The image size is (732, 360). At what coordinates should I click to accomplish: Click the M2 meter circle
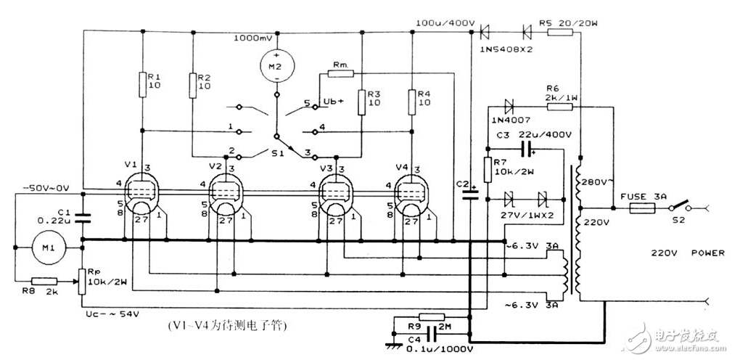[x=276, y=66]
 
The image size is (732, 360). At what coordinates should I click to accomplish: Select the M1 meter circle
[x=47, y=249]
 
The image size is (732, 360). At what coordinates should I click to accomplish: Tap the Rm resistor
[x=340, y=73]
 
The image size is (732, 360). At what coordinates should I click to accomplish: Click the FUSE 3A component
[x=642, y=208]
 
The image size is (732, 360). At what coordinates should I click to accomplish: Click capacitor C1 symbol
[x=81, y=216]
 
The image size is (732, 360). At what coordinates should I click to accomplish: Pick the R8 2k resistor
[x=44, y=281]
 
